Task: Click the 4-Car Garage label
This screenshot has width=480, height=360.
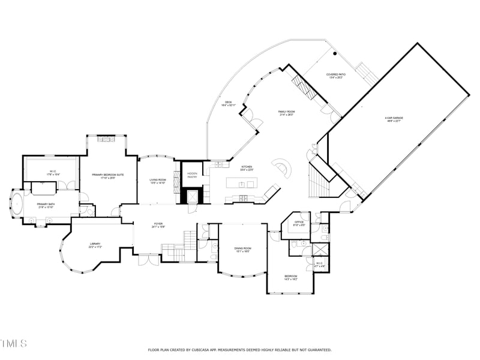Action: point(393,119)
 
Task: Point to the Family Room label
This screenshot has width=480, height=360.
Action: point(286,113)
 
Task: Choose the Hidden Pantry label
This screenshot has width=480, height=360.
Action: point(193,175)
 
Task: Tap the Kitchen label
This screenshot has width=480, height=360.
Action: point(247,168)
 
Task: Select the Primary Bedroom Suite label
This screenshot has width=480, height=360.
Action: point(108,176)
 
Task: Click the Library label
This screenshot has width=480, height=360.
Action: point(95,245)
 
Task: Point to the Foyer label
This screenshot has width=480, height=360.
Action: point(158,226)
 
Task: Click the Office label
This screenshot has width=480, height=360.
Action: point(299,224)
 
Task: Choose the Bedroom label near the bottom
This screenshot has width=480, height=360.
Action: point(290,277)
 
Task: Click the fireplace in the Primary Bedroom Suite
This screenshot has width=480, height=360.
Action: point(107,140)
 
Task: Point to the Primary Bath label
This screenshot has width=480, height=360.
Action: point(46,206)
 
